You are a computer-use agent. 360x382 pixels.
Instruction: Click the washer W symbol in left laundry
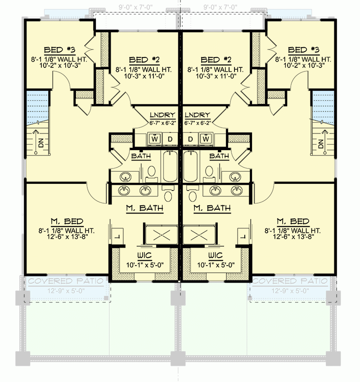[155, 139]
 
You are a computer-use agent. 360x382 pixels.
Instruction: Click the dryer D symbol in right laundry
[190, 139]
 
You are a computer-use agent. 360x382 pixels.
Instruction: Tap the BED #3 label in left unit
[59, 50]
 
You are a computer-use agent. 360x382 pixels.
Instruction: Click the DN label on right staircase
[321, 144]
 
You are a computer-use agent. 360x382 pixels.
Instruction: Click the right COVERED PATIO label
[290, 281]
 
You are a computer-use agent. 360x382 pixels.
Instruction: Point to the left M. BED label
[67, 221]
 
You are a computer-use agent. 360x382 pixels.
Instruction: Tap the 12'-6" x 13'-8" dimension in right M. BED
[293, 237]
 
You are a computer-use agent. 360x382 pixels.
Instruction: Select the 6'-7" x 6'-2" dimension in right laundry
[198, 122]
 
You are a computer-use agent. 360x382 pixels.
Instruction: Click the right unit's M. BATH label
[211, 208]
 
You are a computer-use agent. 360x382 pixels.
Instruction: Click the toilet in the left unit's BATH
[152, 171]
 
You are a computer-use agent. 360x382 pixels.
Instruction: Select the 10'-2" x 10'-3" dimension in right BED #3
[303, 66]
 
